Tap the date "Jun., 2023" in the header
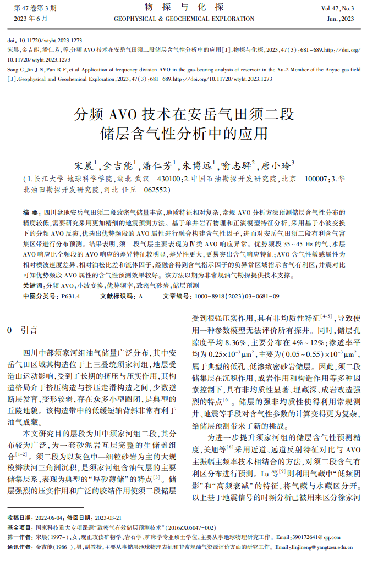tap(340, 19)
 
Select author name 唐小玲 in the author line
tap(276, 165)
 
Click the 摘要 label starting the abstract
tap(30, 212)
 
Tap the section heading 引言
tap(29, 330)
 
